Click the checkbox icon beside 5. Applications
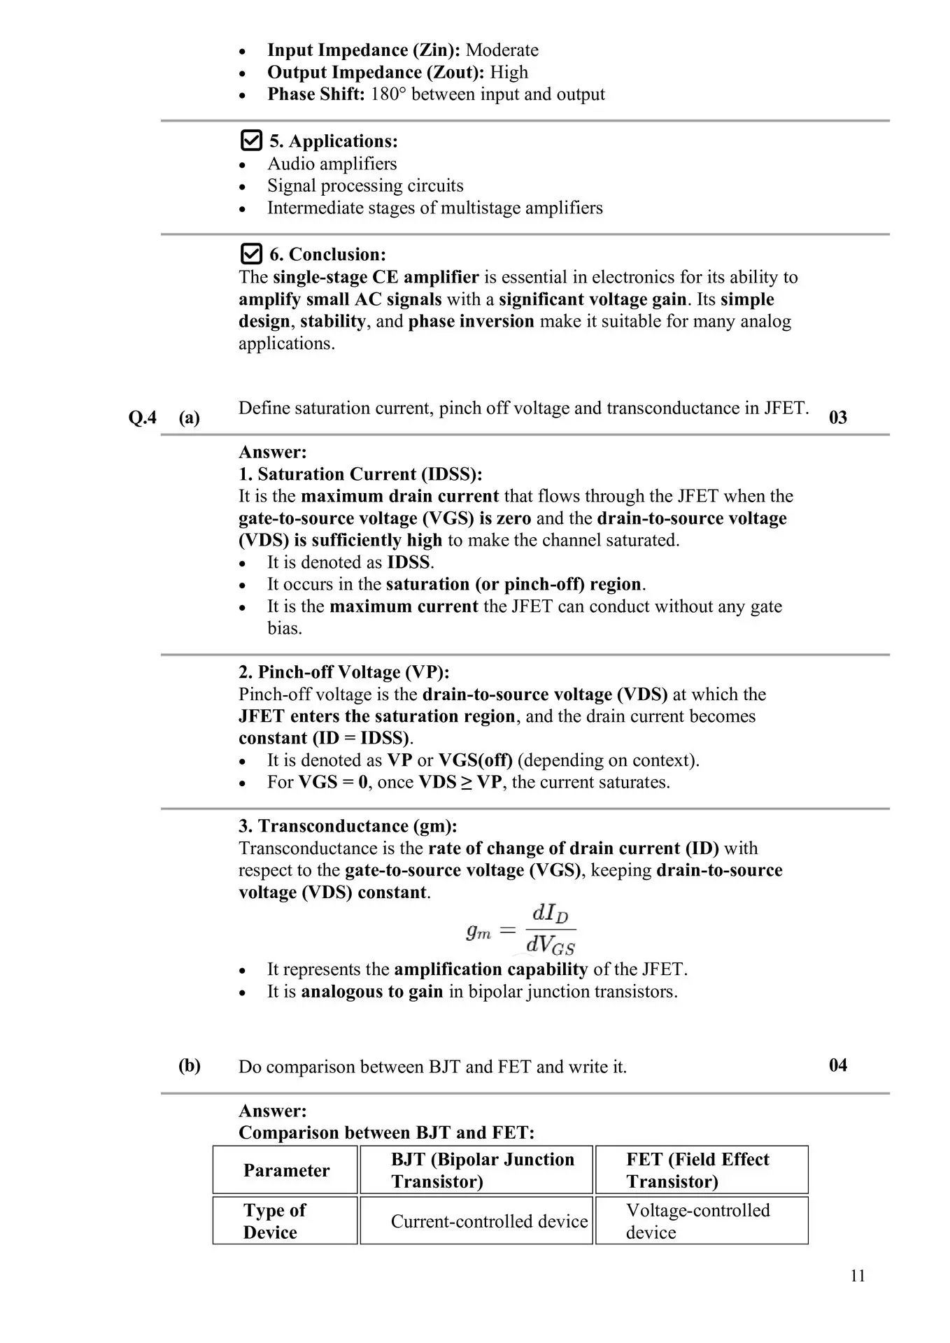(250, 141)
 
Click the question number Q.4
(143, 418)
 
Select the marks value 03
(837, 418)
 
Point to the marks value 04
(837, 1065)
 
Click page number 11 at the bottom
(858, 1276)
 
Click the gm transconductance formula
(520, 930)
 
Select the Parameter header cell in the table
(286, 1170)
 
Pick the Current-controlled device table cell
(489, 1221)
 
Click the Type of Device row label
(274, 1221)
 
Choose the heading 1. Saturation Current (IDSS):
(360, 474)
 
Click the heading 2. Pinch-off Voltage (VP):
(343, 672)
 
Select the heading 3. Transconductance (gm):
(348, 826)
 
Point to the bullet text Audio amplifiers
(332, 164)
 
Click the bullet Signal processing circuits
(365, 185)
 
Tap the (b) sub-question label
(190, 1065)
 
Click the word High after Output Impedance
(509, 72)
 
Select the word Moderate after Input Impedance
(502, 50)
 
